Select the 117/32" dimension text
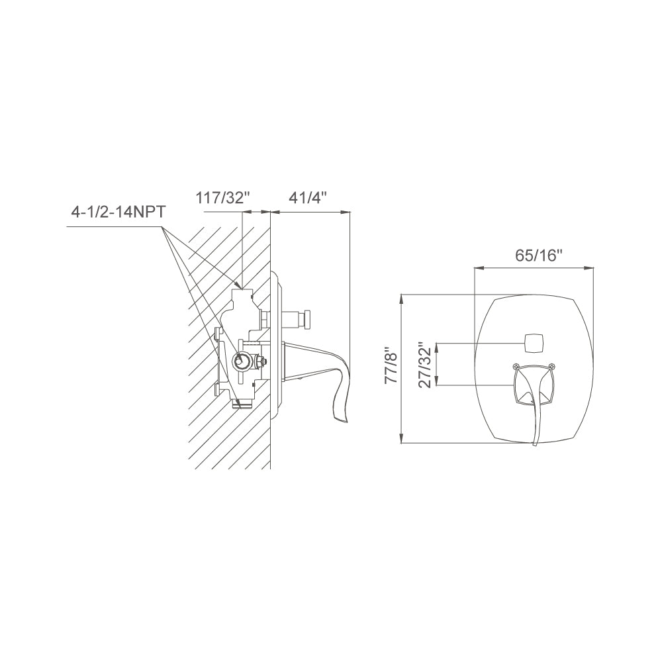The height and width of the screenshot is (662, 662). click(222, 197)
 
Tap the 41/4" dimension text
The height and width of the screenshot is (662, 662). click(308, 197)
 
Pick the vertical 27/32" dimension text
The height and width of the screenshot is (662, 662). click(428, 365)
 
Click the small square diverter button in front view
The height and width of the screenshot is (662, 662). click(533, 343)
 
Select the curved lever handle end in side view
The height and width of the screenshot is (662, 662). click(343, 410)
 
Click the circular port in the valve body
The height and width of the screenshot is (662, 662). click(243, 361)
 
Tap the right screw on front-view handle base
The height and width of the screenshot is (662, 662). click(551, 365)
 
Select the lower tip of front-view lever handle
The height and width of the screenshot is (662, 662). click(536, 445)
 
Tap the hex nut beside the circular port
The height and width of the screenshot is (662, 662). click(263, 362)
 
